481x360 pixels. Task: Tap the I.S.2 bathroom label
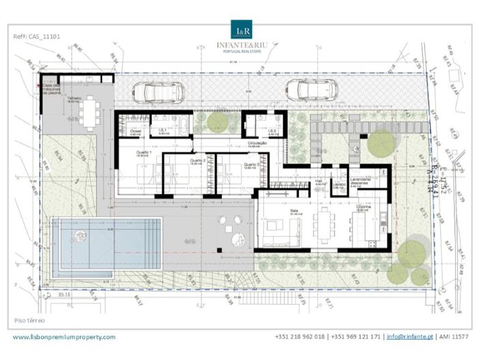(x=271, y=130)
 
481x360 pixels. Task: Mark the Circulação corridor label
(x=237, y=142)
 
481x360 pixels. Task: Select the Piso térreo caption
(x=29, y=319)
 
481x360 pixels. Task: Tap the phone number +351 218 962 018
(x=300, y=337)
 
